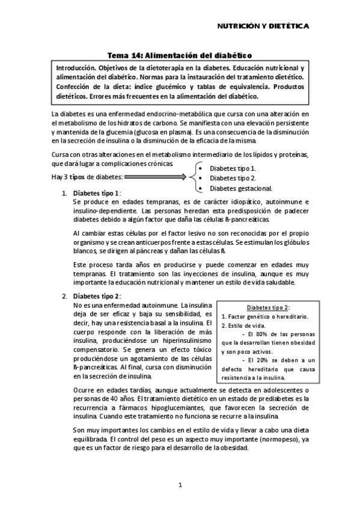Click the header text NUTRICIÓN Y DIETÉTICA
(263, 26)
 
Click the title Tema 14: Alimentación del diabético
(179, 54)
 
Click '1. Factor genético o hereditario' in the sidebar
(265, 316)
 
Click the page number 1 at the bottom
(180, 484)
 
